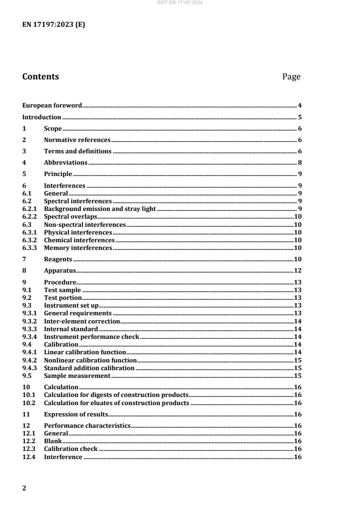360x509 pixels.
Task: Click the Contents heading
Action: point(40,77)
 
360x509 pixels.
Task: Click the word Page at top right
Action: point(291,77)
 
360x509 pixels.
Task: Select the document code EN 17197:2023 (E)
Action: point(54,25)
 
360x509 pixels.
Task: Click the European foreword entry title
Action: point(52,105)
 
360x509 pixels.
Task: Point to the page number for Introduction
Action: point(300,117)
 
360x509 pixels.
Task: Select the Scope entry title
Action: point(53,128)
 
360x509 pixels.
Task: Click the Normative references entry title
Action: point(77,140)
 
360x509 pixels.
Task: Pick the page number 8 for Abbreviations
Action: point(300,162)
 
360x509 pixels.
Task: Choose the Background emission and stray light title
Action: point(99,208)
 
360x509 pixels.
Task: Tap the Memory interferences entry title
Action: point(78,248)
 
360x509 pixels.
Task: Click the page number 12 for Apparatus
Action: point(298,271)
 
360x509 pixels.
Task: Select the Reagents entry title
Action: point(58,259)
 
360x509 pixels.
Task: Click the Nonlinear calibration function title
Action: point(90,360)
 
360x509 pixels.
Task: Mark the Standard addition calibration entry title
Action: point(89,367)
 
